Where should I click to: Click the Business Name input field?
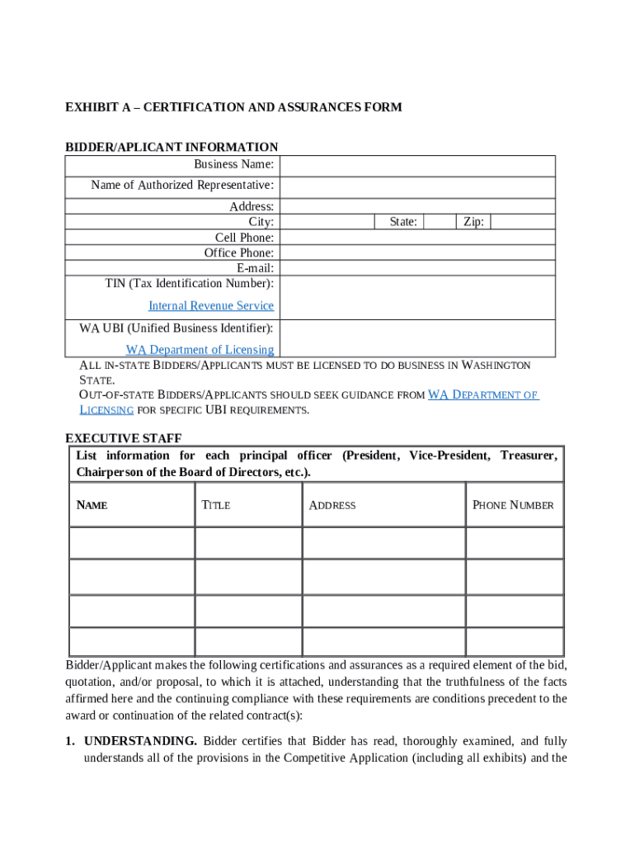(416, 165)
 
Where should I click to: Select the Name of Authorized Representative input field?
(416, 186)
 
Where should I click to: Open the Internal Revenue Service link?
(211, 306)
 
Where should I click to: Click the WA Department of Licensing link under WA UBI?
(200, 350)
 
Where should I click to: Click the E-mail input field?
(416, 268)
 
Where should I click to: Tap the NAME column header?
(92, 505)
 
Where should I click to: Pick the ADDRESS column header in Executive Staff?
(332, 505)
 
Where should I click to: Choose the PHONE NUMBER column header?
(513, 505)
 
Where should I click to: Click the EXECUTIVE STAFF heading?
(124, 438)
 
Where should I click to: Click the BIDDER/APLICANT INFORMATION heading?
(172, 147)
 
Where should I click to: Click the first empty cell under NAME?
(132, 543)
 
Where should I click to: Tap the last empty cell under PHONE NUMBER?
(515, 641)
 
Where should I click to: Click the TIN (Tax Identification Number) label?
(189, 284)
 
